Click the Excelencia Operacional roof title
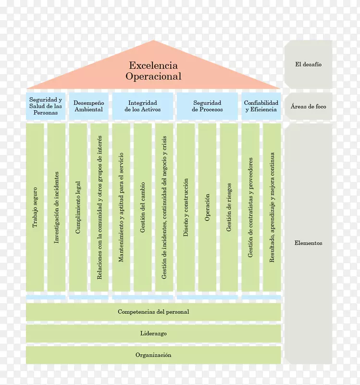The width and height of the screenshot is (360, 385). point(153,71)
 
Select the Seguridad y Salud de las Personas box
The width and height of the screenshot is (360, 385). point(46,106)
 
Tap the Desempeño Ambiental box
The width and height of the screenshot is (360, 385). point(88,106)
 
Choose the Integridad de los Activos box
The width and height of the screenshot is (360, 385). point(142,106)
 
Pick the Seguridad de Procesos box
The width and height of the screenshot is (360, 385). point(207,106)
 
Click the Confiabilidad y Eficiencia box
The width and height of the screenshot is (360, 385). point(261,106)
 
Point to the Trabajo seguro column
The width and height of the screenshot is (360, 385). point(35,207)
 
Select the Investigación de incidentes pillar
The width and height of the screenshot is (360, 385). point(56,207)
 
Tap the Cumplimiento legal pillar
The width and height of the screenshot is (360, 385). point(78,207)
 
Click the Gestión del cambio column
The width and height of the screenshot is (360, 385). point(143,207)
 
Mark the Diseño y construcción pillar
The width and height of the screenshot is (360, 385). point(186,207)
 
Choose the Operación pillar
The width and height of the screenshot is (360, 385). point(207,207)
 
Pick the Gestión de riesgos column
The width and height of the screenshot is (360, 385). point(229,207)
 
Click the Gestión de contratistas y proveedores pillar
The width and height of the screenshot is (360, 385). point(250,207)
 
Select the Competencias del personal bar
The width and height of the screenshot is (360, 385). point(153,312)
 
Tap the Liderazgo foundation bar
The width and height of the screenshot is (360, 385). point(153,334)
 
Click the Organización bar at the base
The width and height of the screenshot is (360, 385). point(153,355)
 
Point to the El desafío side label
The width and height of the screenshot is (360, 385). point(308,64)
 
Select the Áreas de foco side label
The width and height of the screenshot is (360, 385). point(308,106)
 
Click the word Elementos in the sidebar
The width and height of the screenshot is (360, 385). point(308,244)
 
